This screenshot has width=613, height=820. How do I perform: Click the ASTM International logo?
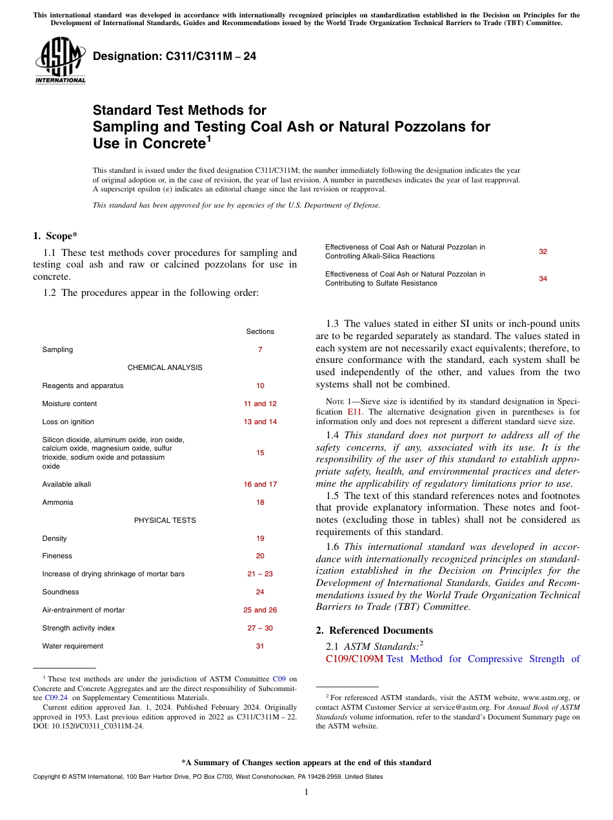59,61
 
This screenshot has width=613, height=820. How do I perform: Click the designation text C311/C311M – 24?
174,57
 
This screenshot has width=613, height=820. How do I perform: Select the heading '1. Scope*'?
56,236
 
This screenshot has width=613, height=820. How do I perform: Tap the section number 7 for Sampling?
260,349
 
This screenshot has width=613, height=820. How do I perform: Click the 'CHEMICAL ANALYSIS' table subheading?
165,367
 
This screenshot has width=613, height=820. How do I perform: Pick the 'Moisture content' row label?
70,404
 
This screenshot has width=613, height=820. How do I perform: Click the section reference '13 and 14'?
260,422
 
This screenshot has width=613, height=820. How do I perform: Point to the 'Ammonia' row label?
57,502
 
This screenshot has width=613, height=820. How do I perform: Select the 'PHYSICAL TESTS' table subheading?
165,520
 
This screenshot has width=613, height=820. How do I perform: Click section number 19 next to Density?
260,538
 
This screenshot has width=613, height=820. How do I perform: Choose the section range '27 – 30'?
260,628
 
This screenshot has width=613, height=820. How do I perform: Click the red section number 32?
543,251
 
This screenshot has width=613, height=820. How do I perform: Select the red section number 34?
543,278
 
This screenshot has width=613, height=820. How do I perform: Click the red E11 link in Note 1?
354,411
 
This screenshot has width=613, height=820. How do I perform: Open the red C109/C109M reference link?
354,659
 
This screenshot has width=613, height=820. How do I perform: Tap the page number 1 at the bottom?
306,792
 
